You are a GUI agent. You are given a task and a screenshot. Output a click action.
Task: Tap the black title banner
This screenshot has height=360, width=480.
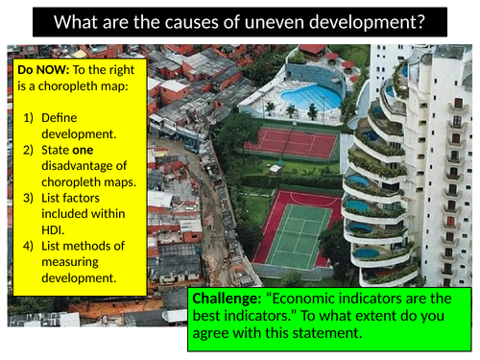239,21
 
